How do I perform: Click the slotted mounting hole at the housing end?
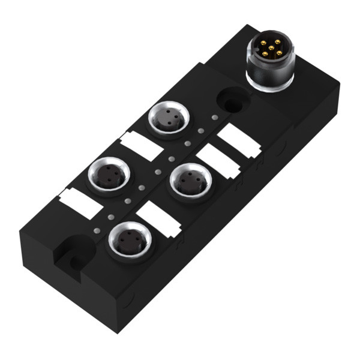(x=71, y=253)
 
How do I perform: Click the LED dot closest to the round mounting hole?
(x=215, y=116)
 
